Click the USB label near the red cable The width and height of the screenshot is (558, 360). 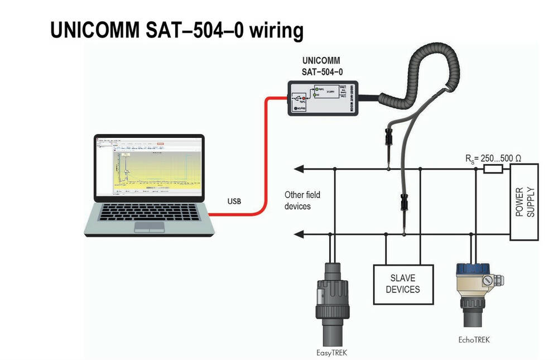point(234,201)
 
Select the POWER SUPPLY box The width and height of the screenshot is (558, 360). point(524,201)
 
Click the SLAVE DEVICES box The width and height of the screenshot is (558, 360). point(402,284)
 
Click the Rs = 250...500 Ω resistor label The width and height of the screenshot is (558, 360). point(494,159)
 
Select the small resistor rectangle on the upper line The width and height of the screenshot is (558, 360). point(493,168)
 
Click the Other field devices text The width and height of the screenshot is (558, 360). point(302,200)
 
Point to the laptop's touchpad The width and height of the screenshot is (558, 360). point(150,226)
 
